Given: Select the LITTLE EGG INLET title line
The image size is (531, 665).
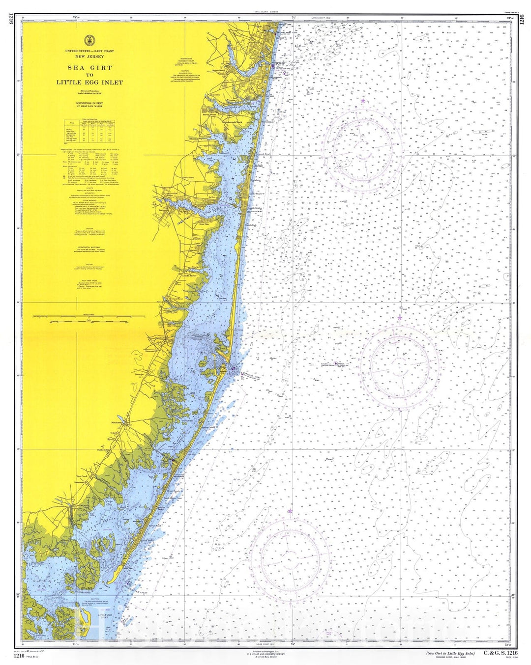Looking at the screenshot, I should (x=89, y=83).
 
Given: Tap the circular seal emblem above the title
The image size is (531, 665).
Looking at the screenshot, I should (x=89, y=40).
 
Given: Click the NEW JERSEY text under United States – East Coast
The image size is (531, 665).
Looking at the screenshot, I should (x=89, y=56).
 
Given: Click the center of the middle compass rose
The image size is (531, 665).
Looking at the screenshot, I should (x=400, y=364).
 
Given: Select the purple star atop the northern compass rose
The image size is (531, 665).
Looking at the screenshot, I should (x=363, y=101).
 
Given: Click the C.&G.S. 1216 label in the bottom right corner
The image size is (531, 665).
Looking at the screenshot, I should (x=501, y=653).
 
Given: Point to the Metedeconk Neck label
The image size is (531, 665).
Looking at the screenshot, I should (x=232, y=122).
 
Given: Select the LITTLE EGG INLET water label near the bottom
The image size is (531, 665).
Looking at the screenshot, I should (x=107, y=615).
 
